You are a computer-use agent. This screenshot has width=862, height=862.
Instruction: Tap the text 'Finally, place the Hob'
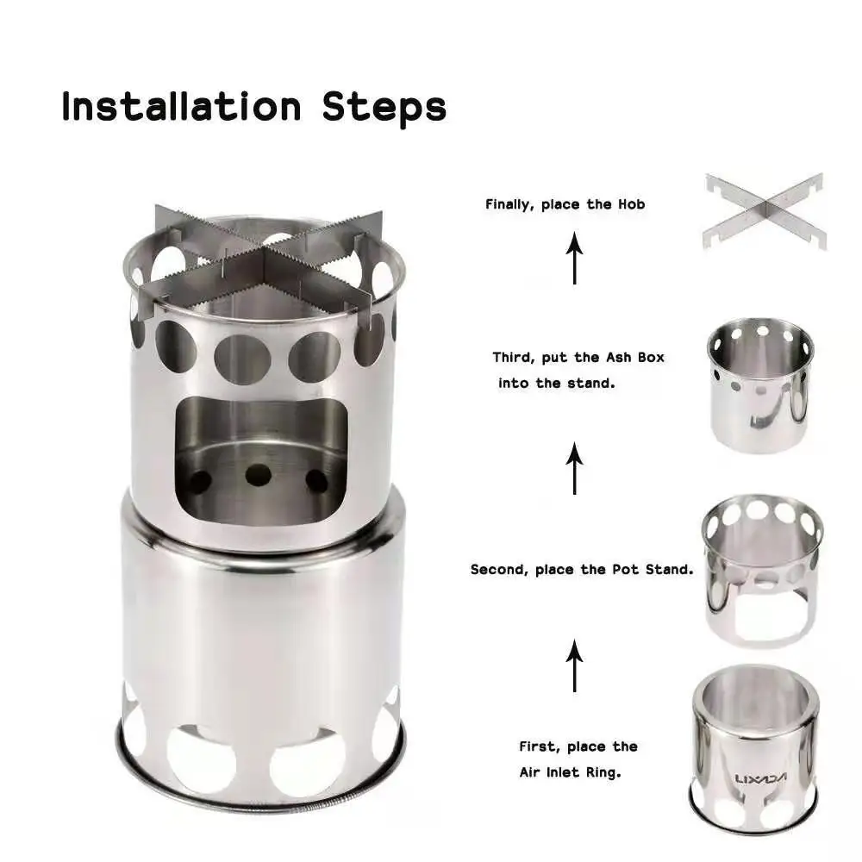pos(565,204)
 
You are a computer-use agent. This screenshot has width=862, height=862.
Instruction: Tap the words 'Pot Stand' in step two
pos(657,570)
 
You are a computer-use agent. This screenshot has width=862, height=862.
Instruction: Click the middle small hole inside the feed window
pos(257,474)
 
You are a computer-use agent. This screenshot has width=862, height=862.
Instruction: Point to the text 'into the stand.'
pos(556,383)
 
